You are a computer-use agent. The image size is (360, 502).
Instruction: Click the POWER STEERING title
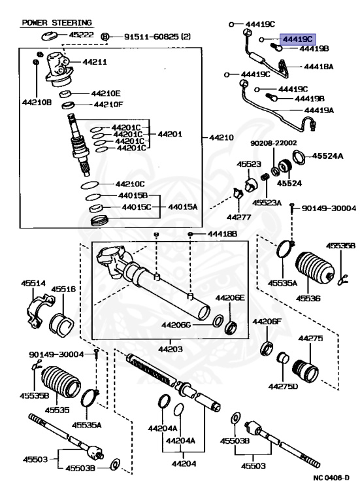click(x=57, y=23)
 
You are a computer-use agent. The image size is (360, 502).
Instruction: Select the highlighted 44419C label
click(x=298, y=39)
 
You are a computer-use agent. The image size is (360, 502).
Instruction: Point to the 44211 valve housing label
click(x=95, y=61)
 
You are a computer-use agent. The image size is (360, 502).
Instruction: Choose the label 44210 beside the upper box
click(x=221, y=137)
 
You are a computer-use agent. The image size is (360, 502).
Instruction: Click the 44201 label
click(x=170, y=134)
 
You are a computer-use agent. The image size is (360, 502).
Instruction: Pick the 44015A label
click(x=183, y=207)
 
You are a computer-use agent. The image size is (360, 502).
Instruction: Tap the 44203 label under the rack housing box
click(x=171, y=348)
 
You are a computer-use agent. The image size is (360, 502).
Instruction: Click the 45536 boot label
click(x=308, y=298)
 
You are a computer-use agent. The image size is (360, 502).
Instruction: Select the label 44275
click(x=310, y=338)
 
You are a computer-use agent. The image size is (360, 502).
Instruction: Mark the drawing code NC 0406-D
click(x=331, y=478)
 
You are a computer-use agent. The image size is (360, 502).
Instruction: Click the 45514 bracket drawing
click(x=40, y=310)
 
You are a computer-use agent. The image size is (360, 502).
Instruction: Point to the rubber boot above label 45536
click(x=315, y=267)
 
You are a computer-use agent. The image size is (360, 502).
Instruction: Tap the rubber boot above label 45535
click(x=61, y=381)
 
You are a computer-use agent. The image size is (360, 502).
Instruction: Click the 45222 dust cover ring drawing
click(x=49, y=36)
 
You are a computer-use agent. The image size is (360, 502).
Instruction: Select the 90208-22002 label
click(x=274, y=142)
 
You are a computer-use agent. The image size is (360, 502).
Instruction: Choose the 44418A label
click(x=318, y=66)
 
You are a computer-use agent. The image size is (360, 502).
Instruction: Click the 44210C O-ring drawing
click(x=90, y=185)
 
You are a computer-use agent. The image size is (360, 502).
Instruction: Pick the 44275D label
click(x=283, y=386)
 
